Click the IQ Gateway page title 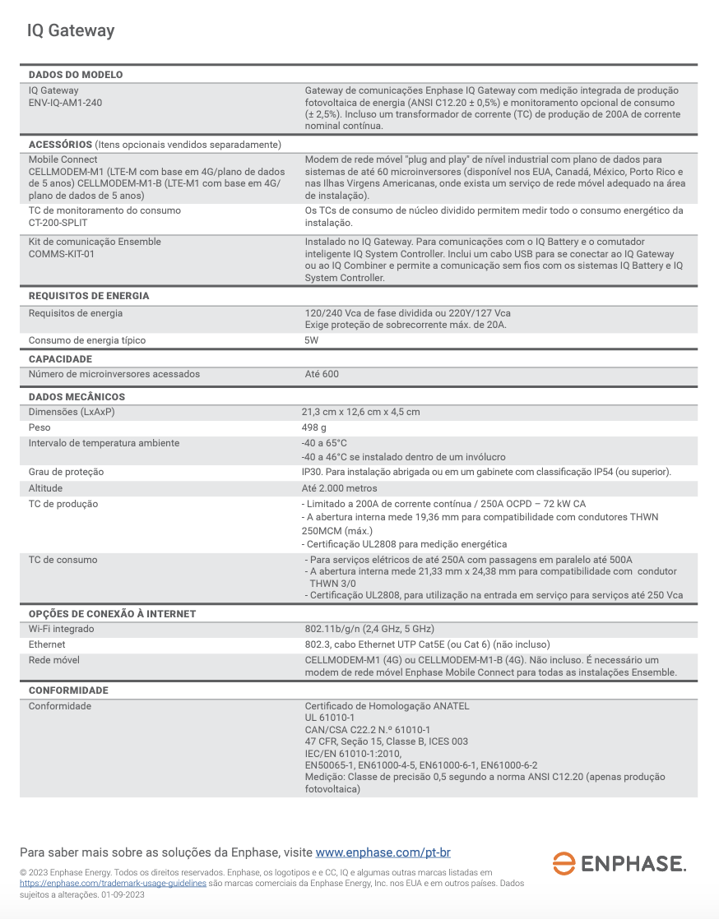click(71, 31)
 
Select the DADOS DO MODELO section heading click(76, 75)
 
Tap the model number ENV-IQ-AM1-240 click(66, 103)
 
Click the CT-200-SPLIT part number click(58, 223)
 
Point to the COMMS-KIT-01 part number click(62, 254)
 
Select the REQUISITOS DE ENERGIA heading click(89, 296)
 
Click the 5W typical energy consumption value click(312, 340)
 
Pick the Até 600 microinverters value click(322, 374)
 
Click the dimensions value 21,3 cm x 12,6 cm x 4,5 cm click(360, 412)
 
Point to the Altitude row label click(45, 488)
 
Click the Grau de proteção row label click(66, 472)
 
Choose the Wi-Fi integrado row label click(62, 629)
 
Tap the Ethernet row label click(47, 644)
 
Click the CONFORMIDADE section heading click(68, 690)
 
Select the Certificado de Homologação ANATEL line click(387, 706)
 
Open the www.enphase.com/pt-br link click(383, 852)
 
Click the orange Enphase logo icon click(564, 863)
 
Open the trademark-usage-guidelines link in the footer click(113, 884)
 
